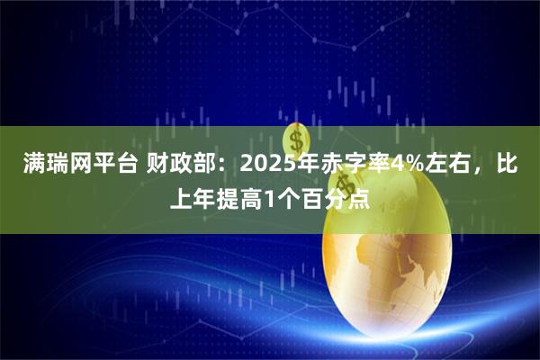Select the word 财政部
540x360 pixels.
click(x=175, y=165)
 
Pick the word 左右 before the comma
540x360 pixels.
click(x=449, y=165)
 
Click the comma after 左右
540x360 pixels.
click(x=480, y=171)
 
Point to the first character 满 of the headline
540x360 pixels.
click(x=31, y=165)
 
